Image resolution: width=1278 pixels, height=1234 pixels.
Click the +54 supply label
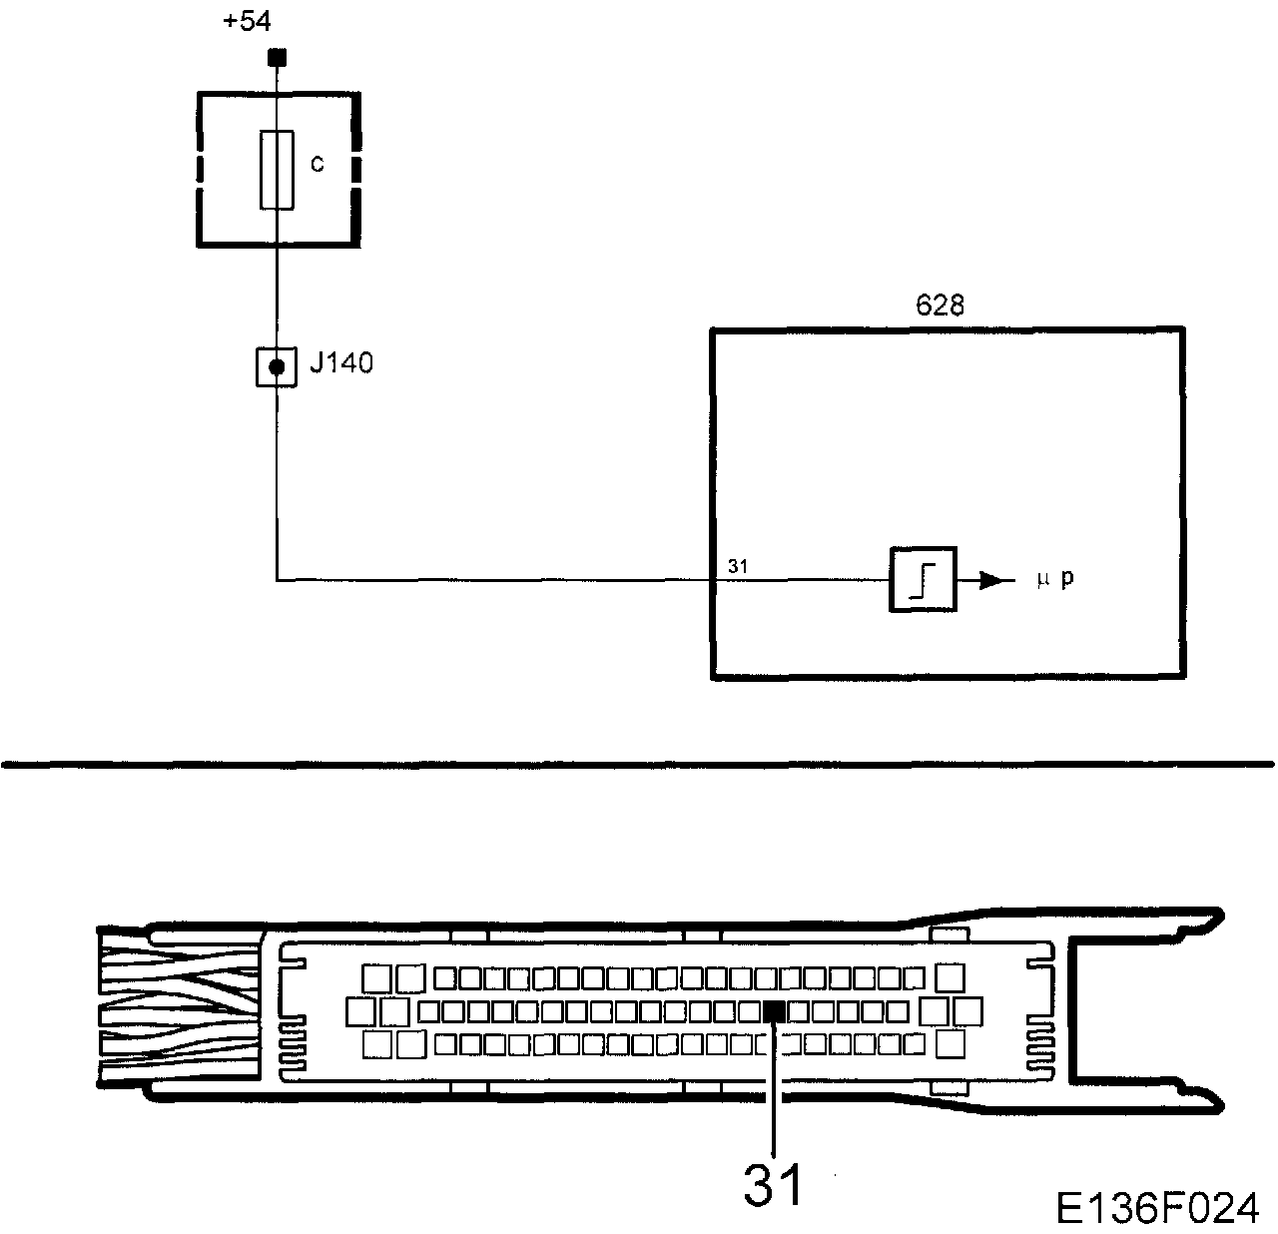tap(246, 21)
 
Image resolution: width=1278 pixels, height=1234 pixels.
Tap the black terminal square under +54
tap(279, 57)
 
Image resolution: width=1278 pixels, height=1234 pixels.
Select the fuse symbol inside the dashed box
tap(277, 170)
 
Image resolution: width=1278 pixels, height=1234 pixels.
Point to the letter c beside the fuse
tap(317, 164)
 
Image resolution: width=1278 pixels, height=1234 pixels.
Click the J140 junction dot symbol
tap(277, 366)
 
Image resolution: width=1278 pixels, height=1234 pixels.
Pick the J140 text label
tap(340, 363)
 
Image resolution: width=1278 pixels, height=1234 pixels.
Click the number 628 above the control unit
tap(940, 306)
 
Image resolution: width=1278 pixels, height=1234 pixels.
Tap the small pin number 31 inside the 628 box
tap(738, 566)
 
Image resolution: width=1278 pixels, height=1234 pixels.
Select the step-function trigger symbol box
tap(923, 579)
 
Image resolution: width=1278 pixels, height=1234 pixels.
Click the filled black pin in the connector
tap(774, 1011)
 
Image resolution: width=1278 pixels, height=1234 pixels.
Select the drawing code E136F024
tap(1157, 1208)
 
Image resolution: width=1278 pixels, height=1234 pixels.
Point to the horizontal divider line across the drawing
tap(639, 765)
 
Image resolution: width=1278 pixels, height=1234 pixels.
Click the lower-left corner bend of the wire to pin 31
tap(277, 579)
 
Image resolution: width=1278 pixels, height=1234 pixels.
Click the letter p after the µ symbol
tap(1067, 580)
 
